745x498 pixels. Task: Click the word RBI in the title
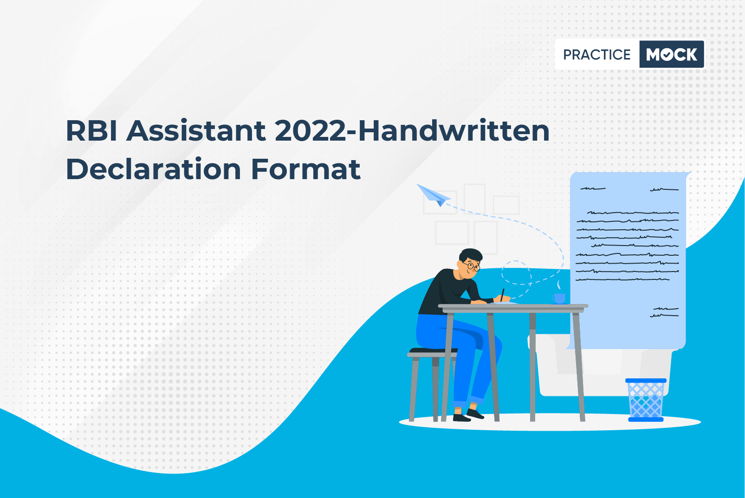pos(91,131)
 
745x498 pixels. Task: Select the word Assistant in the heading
pos(196,131)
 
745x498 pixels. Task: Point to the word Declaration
pos(153,169)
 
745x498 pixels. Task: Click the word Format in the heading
pos(305,169)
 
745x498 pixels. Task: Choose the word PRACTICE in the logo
pos(596,55)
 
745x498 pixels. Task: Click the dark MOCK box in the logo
pos(672,54)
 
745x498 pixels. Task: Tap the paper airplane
pos(434,195)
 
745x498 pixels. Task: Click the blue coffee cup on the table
pos(559,298)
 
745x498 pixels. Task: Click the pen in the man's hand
pos(502,295)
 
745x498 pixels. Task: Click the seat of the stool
pos(432,352)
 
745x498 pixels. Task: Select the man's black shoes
pos(468,415)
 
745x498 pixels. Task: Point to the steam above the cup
pos(559,285)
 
